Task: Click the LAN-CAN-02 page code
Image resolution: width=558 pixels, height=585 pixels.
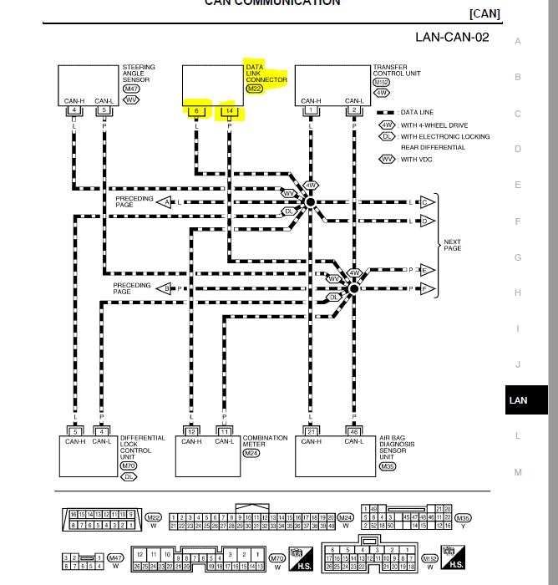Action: tap(452, 37)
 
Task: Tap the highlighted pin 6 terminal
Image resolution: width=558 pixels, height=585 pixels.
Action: tap(197, 111)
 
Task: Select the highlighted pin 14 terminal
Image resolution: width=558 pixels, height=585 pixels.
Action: tap(229, 111)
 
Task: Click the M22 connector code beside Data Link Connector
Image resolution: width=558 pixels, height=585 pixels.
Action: tap(255, 89)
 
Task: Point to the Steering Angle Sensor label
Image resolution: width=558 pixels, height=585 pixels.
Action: tap(139, 73)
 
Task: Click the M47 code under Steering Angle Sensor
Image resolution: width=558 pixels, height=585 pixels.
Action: tap(131, 89)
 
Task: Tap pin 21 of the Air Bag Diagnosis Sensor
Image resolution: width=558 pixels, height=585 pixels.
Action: tap(311, 431)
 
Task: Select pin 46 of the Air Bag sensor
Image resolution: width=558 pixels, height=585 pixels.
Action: tap(354, 431)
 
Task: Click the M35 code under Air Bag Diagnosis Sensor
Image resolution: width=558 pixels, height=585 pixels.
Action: tap(387, 467)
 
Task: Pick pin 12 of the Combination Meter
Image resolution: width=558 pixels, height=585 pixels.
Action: tap(191, 431)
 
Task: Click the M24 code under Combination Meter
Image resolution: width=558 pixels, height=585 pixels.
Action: tap(251, 453)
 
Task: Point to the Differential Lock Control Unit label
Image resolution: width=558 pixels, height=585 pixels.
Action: tap(142, 449)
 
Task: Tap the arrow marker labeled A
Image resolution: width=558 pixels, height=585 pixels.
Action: tap(166, 202)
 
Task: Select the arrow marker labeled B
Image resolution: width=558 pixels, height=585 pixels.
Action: tap(166, 288)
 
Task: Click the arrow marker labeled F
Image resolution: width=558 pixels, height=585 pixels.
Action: tap(425, 289)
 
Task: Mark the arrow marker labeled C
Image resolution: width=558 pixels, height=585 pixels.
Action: tap(425, 202)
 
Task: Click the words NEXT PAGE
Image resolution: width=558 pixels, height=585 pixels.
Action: tap(452, 246)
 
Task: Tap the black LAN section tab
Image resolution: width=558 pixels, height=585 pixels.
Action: tap(518, 400)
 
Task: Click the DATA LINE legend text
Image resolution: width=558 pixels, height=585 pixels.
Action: tap(418, 112)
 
